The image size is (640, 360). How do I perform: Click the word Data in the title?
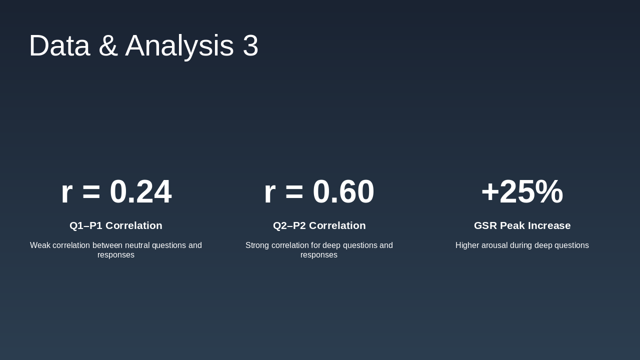(x=59, y=45)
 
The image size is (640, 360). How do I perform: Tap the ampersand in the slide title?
(x=108, y=45)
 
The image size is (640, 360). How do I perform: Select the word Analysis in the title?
(x=179, y=47)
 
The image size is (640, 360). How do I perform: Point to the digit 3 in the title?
(x=250, y=45)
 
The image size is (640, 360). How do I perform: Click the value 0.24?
(x=141, y=191)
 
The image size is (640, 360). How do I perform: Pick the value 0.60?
(x=343, y=191)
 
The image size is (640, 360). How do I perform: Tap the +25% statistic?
(x=522, y=191)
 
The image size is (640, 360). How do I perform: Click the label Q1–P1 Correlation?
(x=116, y=225)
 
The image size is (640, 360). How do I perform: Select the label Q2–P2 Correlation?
(x=319, y=225)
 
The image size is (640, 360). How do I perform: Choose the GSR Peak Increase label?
(x=522, y=225)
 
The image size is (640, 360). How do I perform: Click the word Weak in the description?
(x=40, y=245)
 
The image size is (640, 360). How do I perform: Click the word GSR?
(x=485, y=225)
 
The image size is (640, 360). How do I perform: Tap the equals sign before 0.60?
(x=294, y=192)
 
